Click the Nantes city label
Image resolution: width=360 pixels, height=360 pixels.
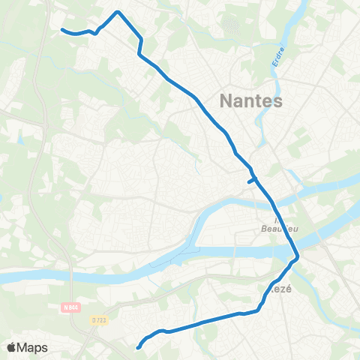(x=250, y=100)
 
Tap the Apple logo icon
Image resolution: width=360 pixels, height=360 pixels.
(x=13, y=347)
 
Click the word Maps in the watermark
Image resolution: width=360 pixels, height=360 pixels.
(x=34, y=348)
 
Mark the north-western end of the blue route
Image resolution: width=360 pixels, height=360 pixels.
(x=62, y=30)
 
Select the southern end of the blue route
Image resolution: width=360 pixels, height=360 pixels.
(x=138, y=347)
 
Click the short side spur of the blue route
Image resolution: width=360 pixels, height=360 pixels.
(x=250, y=180)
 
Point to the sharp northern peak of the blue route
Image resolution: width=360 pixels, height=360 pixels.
(x=118, y=12)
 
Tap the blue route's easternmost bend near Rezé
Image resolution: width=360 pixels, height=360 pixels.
(x=298, y=257)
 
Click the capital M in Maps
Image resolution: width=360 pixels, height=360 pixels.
(x=25, y=348)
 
